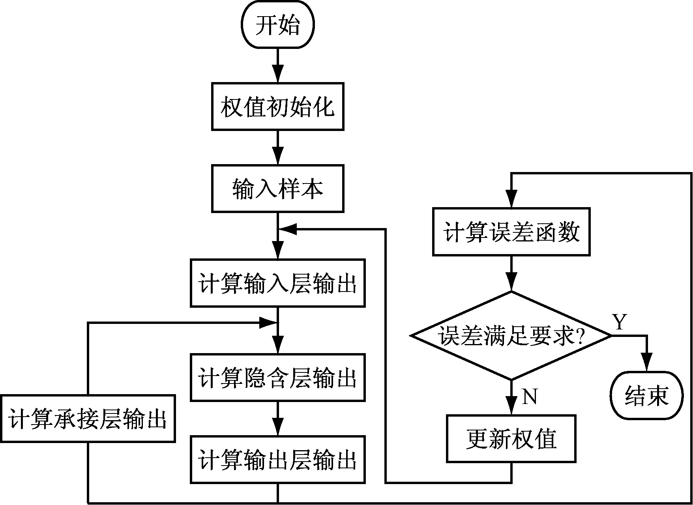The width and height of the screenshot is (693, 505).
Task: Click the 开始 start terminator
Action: pos(278,25)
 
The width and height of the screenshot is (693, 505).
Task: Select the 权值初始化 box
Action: pos(278,107)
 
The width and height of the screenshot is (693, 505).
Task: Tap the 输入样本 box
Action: pos(278,189)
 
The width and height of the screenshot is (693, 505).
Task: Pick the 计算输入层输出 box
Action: pos(278,283)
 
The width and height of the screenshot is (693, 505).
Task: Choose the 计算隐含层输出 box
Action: pos(278,378)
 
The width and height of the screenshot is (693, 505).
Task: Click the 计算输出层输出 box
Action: pos(278,459)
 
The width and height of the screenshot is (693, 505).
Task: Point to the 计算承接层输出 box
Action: pos(88,419)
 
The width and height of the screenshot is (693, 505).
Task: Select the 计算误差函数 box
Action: pos(511,232)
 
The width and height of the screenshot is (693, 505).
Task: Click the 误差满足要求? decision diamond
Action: pos(511,336)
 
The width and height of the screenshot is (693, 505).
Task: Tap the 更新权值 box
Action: pos(511,438)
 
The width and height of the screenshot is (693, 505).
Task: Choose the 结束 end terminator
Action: pos(646,395)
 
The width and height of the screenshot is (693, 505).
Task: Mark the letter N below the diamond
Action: pos(530,396)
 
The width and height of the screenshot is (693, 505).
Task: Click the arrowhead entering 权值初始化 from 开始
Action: pos(278,75)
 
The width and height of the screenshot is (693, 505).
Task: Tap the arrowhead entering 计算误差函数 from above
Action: pos(511,200)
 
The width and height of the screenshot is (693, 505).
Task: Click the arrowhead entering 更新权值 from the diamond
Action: pos(511,406)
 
